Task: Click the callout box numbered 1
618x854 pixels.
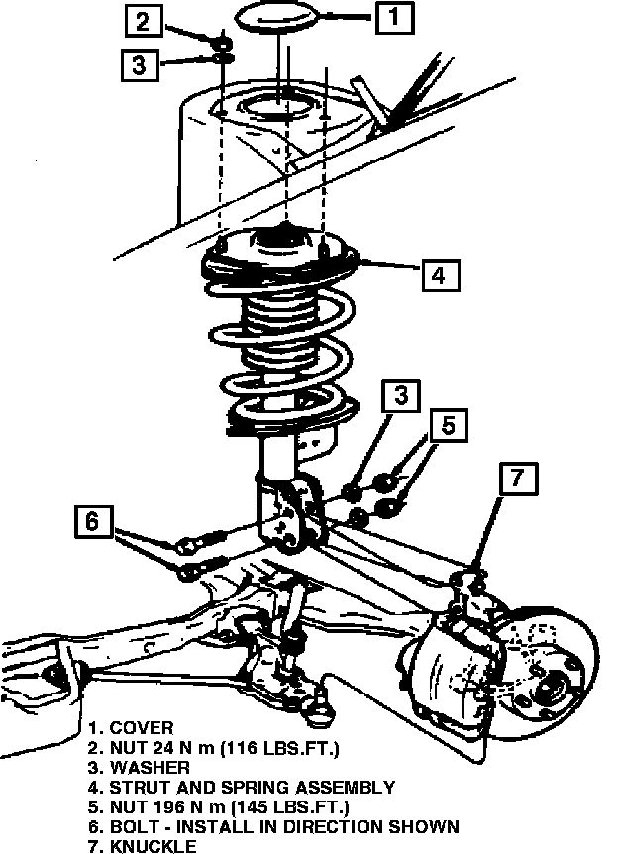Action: point(393,16)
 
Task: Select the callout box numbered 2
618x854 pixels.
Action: point(145,20)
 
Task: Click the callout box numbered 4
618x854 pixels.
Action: point(440,272)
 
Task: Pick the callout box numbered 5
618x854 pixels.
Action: point(448,426)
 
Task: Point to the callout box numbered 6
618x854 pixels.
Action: point(92,521)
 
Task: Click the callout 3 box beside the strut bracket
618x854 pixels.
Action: point(400,396)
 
